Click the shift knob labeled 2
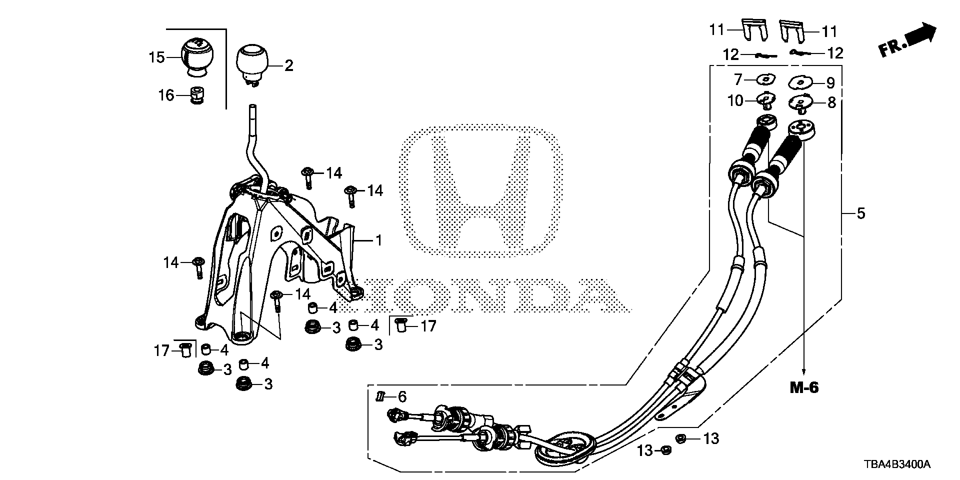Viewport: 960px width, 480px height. [x=253, y=64]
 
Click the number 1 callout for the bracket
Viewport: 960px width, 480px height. [x=378, y=241]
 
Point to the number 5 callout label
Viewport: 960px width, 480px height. [x=860, y=213]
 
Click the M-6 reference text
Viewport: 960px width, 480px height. [x=804, y=387]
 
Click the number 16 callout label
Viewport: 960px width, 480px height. [x=166, y=95]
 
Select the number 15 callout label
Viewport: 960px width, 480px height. [x=156, y=57]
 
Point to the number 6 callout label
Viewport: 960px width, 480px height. [x=402, y=397]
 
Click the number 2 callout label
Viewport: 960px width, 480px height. [x=289, y=65]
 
